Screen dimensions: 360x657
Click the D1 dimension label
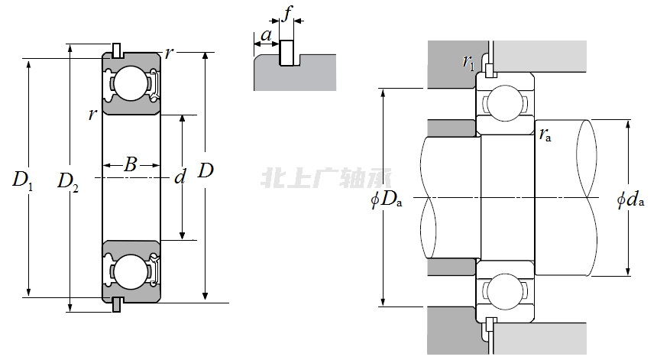tap(23, 180)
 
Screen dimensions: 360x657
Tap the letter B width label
tap(131, 164)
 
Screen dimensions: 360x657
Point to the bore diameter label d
tap(180, 178)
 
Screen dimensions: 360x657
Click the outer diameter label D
tap(206, 171)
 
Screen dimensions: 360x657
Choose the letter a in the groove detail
tap(266, 35)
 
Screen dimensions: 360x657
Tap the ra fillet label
tap(545, 136)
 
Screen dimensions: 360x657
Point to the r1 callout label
tap(468, 62)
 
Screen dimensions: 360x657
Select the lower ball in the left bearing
tap(127, 272)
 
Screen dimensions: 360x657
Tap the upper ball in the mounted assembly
tap(504, 103)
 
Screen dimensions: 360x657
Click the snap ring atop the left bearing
tap(116, 50)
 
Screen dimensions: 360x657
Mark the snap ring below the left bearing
tap(116, 305)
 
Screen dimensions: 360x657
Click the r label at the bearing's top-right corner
tap(169, 54)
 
